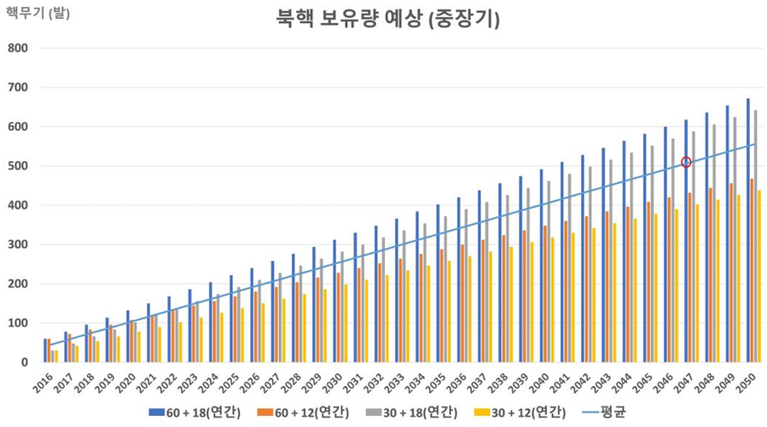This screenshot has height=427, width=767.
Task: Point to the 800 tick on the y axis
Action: tap(20, 49)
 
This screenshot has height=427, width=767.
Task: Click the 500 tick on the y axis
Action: tap(20, 166)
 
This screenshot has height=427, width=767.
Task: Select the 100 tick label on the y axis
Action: tap(20, 323)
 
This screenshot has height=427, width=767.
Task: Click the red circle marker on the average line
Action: tap(686, 162)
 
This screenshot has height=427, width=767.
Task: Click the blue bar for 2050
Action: tap(748, 230)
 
